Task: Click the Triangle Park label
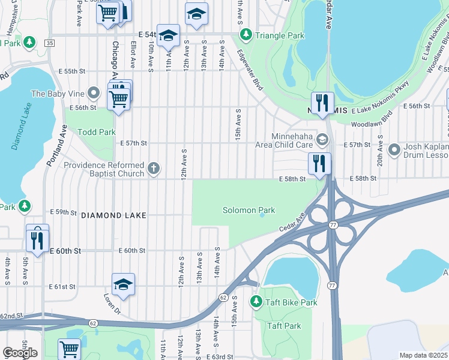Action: (280, 36)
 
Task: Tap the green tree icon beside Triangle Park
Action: (245, 35)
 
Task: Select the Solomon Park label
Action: (249, 211)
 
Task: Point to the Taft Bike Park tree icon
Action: (256, 302)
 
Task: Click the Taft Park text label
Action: (284, 326)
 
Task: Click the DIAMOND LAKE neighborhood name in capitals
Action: (106, 215)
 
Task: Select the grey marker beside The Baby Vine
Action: (93, 93)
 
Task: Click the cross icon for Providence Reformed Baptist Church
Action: (154, 169)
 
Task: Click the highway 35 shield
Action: (49, 43)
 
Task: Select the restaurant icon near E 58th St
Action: (319, 162)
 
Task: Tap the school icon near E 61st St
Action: (123, 284)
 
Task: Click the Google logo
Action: (20, 353)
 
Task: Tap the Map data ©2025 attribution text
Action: (423, 355)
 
